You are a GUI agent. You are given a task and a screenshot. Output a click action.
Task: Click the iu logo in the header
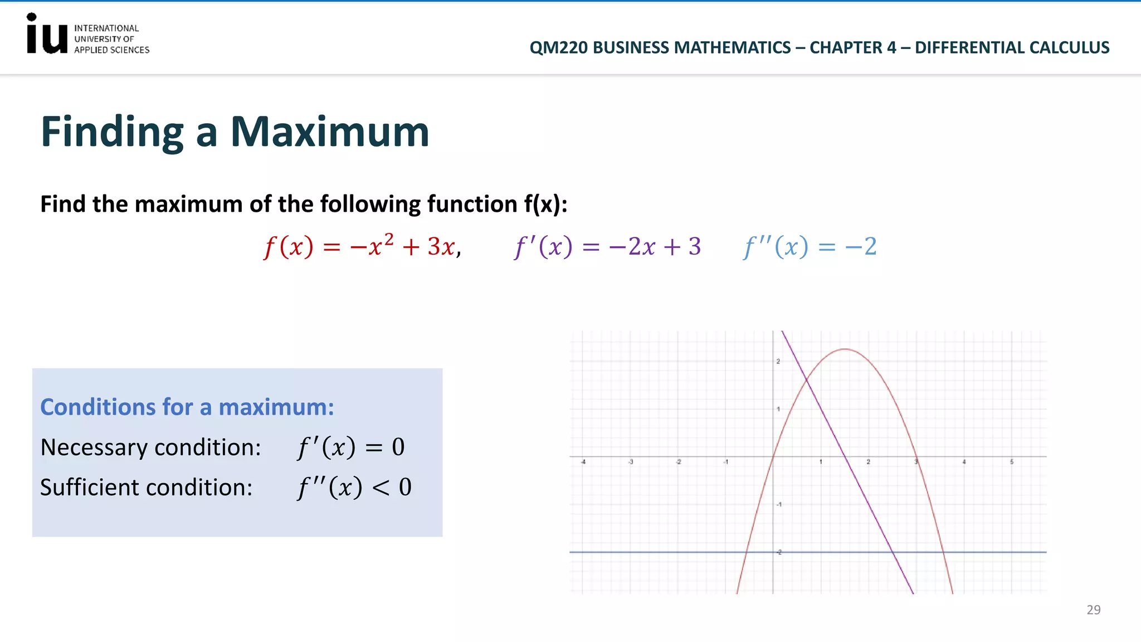point(47,35)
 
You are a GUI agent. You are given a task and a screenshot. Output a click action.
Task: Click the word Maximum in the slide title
point(329,132)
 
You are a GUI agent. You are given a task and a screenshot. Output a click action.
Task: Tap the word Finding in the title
point(112,132)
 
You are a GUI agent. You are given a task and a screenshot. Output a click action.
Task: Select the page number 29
point(1093,610)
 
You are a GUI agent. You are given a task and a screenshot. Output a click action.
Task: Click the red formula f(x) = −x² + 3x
point(362,246)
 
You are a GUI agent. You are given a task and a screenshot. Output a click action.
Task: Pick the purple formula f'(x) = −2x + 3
point(607,246)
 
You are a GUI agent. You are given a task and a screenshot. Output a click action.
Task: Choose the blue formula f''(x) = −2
point(810,246)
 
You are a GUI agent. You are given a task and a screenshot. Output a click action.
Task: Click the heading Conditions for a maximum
point(187,407)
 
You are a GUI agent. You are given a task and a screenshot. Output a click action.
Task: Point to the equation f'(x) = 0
point(351,447)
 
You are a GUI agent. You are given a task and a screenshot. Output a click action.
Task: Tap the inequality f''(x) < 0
point(354,488)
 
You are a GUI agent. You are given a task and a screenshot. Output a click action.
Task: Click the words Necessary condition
point(150,448)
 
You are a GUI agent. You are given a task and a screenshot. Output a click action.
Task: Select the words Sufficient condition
point(146,488)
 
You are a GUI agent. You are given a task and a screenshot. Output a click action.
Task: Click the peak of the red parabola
point(845,349)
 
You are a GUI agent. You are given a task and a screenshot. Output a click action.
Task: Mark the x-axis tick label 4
point(964,462)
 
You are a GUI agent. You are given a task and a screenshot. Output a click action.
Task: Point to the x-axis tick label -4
point(583,462)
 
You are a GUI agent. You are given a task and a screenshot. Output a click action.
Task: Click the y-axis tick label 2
point(778,362)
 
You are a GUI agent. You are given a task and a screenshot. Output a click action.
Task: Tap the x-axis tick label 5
point(1012,462)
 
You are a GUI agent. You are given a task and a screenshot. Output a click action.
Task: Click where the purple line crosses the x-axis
point(845,457)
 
